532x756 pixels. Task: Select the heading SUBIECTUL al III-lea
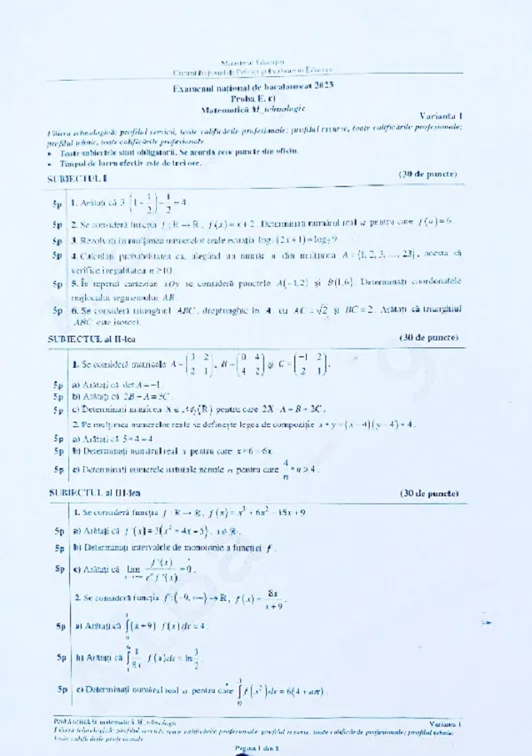[90, 493]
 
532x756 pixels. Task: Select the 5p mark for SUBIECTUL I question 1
[57, 203]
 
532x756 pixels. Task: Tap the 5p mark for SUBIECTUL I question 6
[57, 312]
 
